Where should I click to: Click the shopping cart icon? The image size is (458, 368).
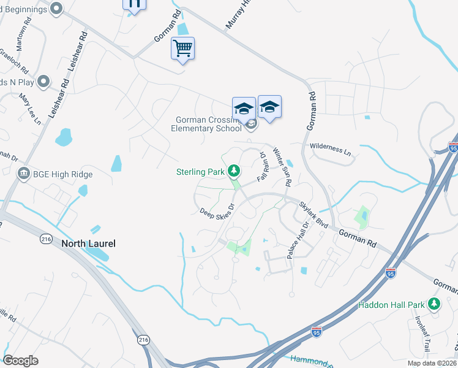(183, 48)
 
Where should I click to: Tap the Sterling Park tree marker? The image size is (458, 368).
(233, 171)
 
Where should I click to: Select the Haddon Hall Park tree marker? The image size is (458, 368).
(434, 304)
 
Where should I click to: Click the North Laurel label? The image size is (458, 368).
(88, 243)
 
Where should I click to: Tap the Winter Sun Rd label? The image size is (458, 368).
(282, 166)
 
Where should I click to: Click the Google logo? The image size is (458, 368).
(20, 361)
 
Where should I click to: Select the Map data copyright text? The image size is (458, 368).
(430, 363)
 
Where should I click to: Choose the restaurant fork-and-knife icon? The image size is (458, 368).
(134, 4)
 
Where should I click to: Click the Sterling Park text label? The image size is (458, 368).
(200, 172)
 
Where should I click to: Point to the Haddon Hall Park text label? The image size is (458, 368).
(392, 305)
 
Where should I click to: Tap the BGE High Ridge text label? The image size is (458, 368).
(64, 175)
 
